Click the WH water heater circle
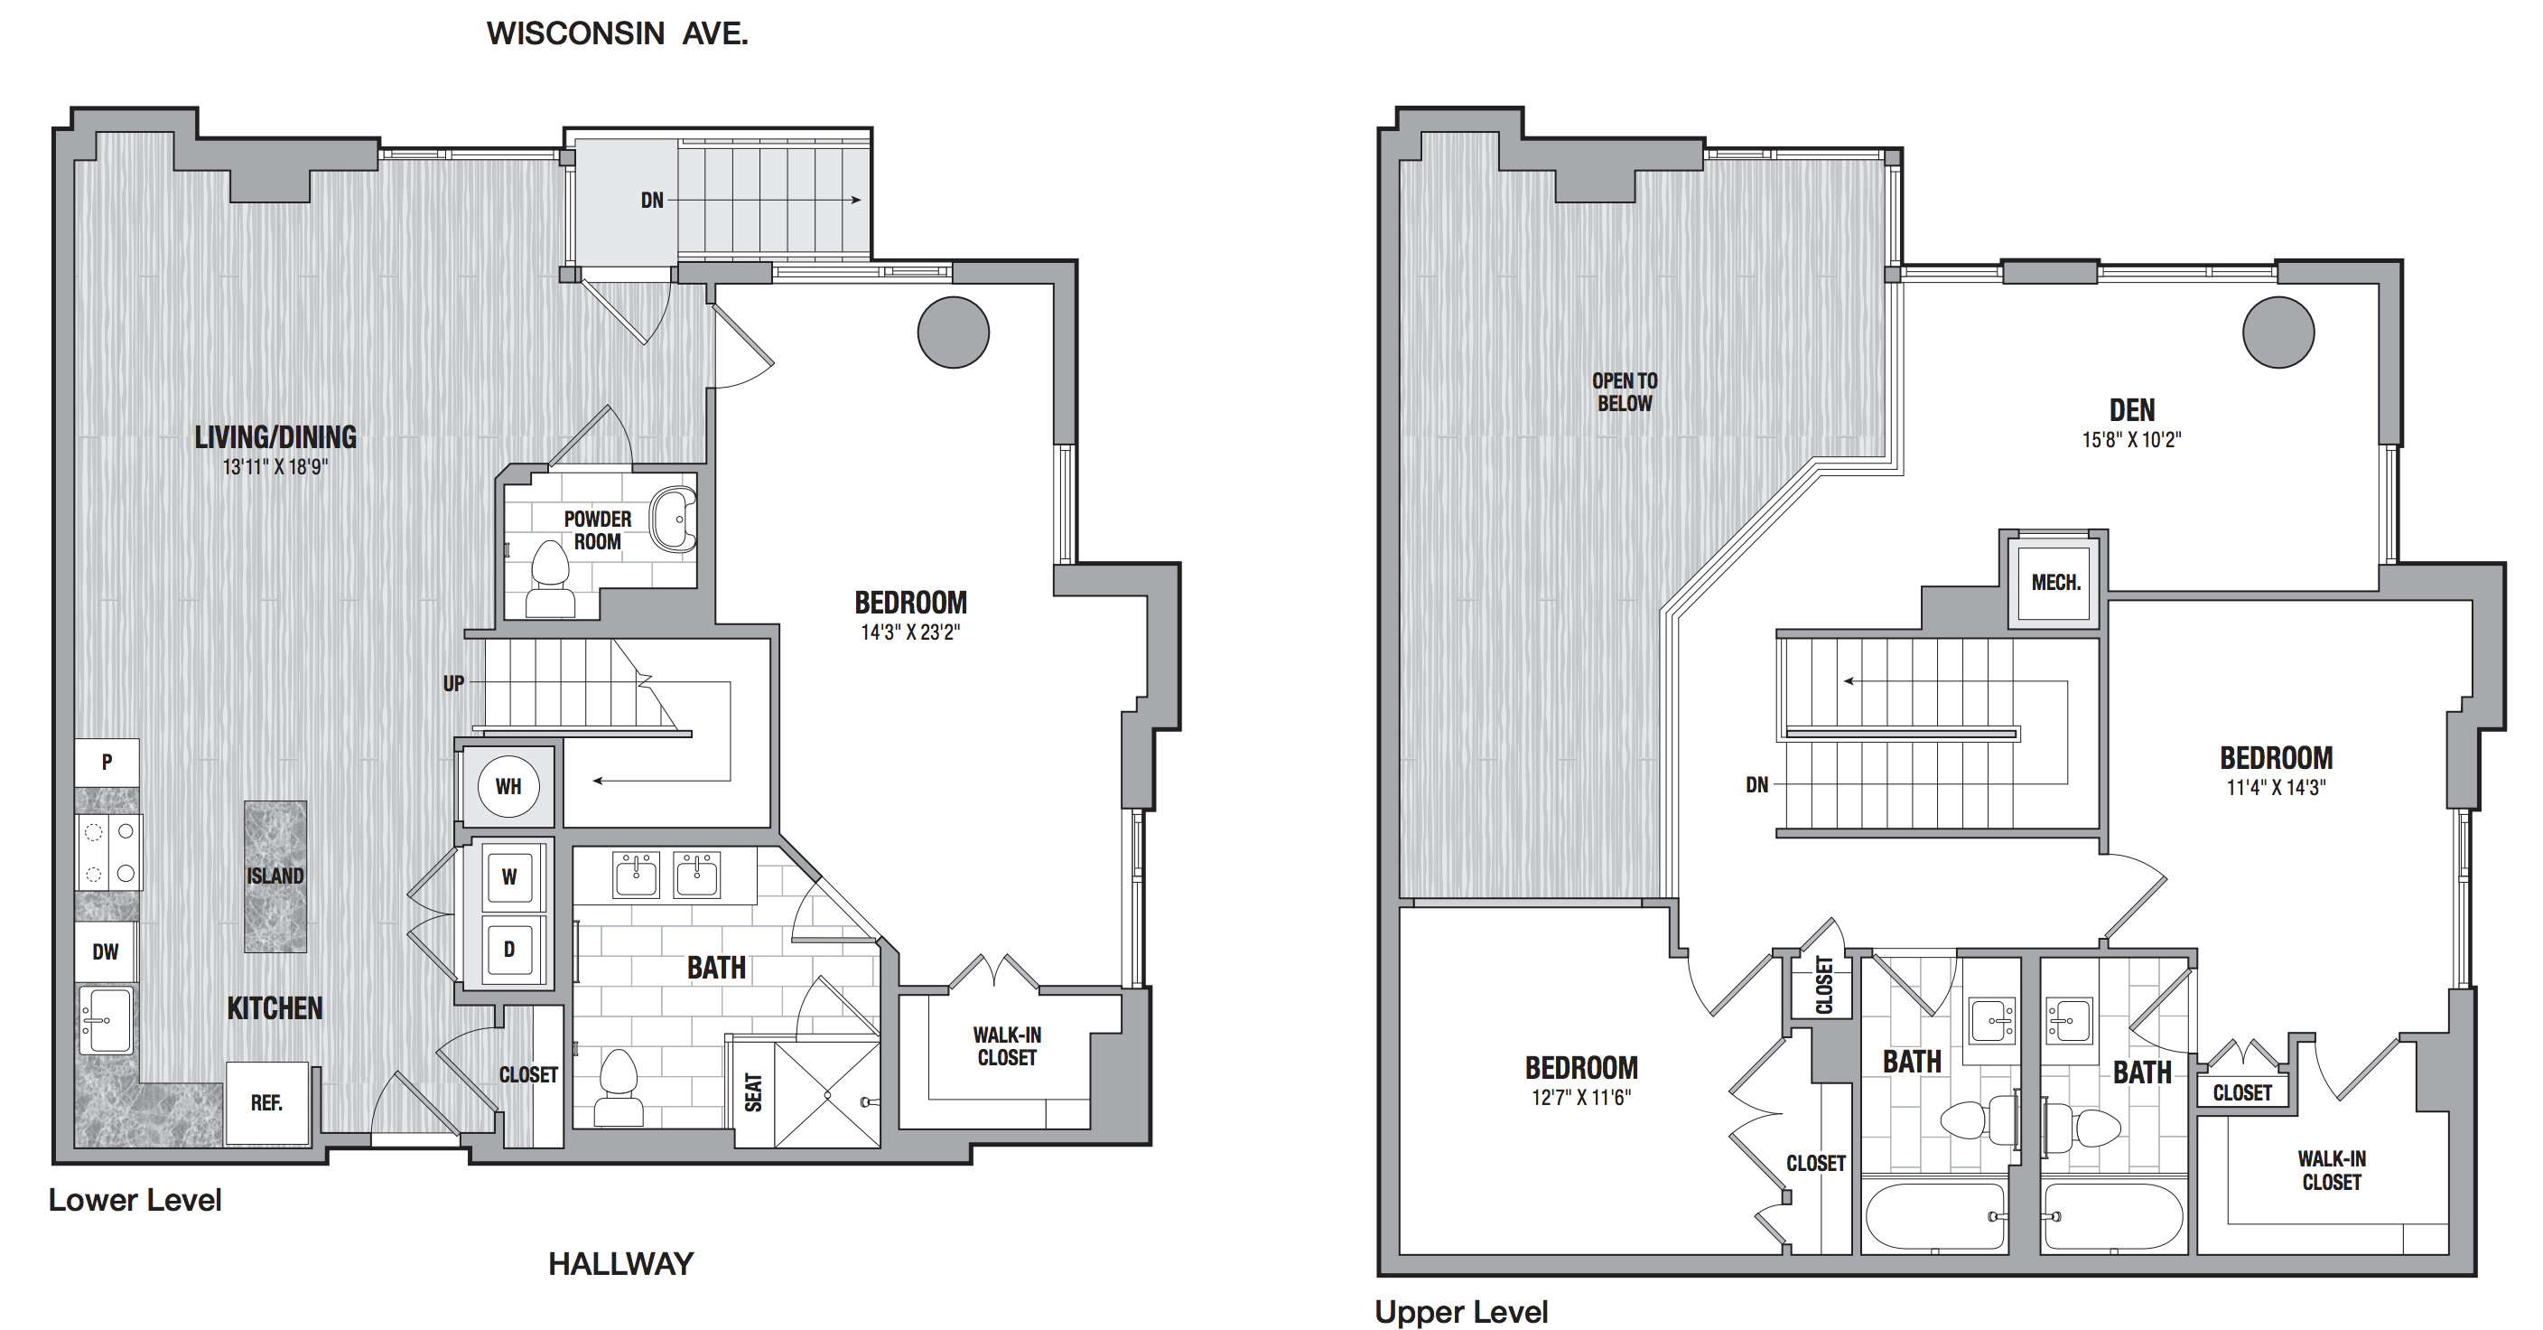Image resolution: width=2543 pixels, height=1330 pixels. point(508,786)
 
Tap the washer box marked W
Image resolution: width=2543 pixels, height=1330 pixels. point(509,876)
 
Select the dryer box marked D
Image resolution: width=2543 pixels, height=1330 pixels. point(509,950)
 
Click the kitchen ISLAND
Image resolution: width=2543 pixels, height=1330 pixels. point(275,876)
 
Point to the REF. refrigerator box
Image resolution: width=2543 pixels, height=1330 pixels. point(266,1103)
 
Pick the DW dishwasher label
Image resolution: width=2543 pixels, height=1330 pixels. point(106,951)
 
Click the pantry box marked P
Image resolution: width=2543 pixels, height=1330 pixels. point(107,763)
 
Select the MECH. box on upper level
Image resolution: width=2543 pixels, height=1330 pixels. point(2055,583)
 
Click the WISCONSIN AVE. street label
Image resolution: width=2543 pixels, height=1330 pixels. point(617,33)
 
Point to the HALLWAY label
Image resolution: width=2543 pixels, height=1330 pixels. point(621,1264)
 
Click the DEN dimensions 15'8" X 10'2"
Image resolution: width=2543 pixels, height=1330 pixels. point(2131,440)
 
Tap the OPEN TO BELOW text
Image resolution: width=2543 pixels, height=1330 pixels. point(1625,392)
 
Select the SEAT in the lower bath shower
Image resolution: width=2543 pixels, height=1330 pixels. point(753,1092)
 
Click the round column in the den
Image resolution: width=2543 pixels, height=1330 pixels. point(2278,332)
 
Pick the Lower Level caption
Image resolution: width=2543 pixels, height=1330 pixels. point(135,1200)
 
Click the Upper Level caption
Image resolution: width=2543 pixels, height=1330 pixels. point(1461,1311)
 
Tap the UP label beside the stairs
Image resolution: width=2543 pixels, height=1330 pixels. point(453,683)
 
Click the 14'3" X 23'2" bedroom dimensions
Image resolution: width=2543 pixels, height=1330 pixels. point(910,632)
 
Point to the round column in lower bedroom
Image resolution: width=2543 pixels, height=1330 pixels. point(954,332)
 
